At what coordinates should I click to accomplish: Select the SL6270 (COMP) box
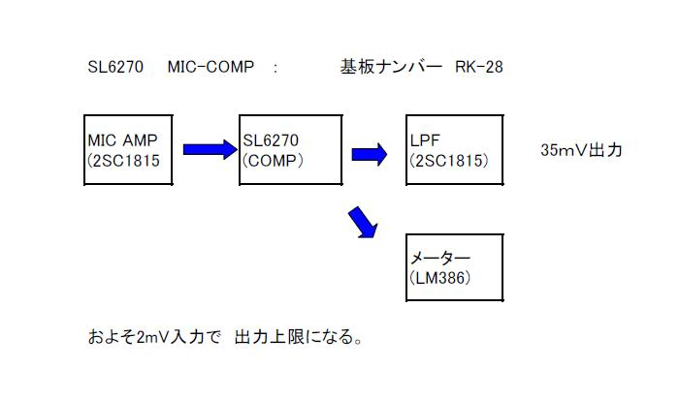290,150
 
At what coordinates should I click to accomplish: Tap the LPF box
454,150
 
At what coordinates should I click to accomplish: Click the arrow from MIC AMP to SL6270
210,149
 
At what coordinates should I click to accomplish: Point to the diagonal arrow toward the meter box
363,221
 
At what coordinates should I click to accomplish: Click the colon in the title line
276,68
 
